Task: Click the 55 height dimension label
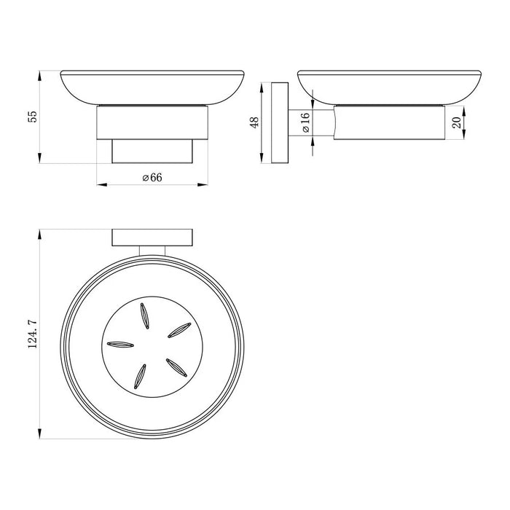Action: coord(34,117)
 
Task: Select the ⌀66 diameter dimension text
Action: coord(152,178)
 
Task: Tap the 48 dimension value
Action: coord(255,122)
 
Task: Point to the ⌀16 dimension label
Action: coord(306,123)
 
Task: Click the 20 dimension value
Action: coord(457,122)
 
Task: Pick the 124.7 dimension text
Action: coord(34,334)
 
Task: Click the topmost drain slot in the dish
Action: coord(145,315)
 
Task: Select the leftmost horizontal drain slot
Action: coord(120,345)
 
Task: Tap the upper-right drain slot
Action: coord(179,330)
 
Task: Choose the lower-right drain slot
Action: coord(176,367)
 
